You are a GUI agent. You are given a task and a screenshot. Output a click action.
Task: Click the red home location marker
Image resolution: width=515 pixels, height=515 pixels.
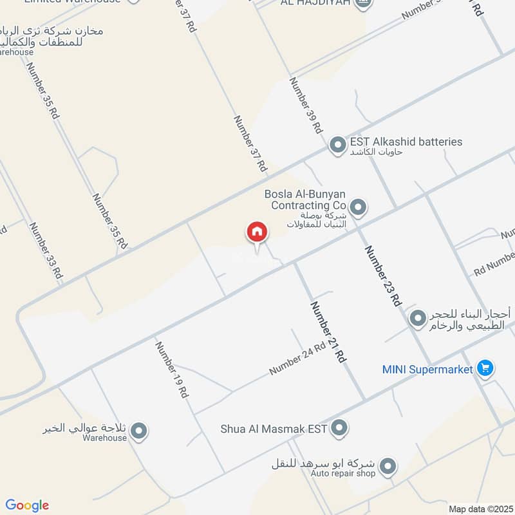click(x=256, y=232)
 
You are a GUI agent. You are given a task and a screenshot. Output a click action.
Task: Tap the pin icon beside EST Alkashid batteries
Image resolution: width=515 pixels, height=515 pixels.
click(x=337, y=145)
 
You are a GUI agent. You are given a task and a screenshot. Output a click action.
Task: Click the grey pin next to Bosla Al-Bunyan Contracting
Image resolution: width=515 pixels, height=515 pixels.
click(x=359, y=207)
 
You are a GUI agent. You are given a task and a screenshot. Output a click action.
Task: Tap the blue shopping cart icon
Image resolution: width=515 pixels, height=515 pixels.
click(x=485, y=369)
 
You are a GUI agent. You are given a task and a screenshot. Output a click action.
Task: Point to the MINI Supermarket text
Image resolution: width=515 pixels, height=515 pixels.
click(x=428, y=370)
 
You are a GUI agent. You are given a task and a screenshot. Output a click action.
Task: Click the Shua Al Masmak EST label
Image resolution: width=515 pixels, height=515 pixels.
click(x=274, y=428)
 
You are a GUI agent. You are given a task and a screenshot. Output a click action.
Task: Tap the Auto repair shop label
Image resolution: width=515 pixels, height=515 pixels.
click(x=343, y=474)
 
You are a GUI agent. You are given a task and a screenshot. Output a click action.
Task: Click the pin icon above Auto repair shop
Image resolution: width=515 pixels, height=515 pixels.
click(x=387, y=465)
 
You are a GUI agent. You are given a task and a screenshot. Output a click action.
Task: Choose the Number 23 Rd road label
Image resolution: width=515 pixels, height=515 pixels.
click(x=383, y=276)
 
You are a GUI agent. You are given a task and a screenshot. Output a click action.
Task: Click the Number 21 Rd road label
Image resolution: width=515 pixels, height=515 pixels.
click(x=328, y=332)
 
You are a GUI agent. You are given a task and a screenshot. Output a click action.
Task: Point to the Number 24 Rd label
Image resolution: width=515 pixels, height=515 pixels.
click(x=298, y=360)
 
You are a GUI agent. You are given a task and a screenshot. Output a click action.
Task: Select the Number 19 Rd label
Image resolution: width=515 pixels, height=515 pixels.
click(x=171, y=370)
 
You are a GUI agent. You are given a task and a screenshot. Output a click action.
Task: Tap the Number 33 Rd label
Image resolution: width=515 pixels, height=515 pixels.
click(x=45, y=250)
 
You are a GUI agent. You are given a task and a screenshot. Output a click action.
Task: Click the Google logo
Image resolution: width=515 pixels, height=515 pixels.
click(x=27, y=505)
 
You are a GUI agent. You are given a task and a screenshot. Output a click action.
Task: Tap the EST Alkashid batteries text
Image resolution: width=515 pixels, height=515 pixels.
click(x=406, y=142)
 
